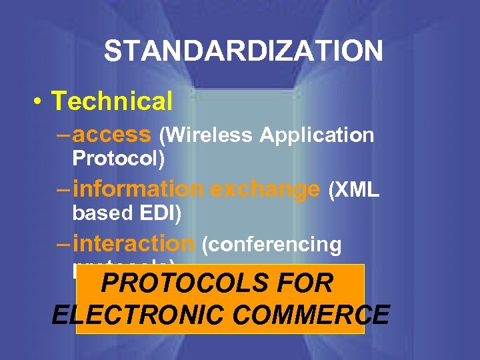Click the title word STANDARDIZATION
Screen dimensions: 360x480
[x=243, y=51]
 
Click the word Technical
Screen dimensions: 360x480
[x=112, y=101]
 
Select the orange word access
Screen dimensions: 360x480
[x=112, y=135]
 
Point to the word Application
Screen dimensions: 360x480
[x=317, y=135]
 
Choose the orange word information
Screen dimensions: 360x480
[x=138, y=189]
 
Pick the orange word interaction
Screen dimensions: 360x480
[x=133, y=244]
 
